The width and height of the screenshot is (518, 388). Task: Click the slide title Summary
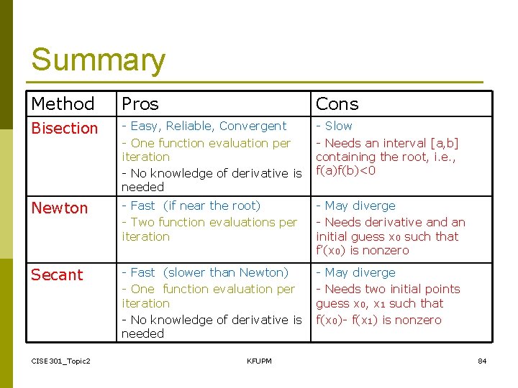click(98, 60)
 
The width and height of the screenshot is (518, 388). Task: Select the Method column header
click(63, 104)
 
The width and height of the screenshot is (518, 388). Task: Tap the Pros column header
click(140, 104)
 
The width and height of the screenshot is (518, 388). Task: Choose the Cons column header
click(337, 104)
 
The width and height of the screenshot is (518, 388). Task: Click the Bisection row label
click(64, 129)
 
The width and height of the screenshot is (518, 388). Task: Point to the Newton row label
click(59, 208)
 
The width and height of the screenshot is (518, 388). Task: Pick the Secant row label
click(57, 275)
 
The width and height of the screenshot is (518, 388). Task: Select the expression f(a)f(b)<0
click(345, 170)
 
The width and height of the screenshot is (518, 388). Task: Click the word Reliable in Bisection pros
click(188, 126)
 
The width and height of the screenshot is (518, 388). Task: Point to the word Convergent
click(253, 126)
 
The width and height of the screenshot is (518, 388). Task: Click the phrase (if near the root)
click(212, 205)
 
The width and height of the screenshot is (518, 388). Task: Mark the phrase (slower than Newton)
click(226, 272)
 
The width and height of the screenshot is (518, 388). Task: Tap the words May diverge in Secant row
click(360, 272)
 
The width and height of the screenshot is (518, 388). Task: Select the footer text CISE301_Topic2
click(60, 361)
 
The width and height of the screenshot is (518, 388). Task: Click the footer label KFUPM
click(259, 361)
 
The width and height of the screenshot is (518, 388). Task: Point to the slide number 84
click(482, 361)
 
